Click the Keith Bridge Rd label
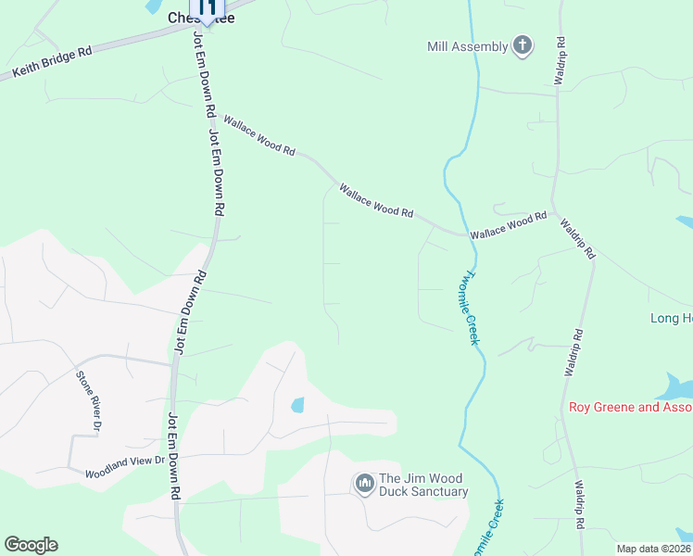click(x=52, y=62)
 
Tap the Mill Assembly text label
click(x=468, y=46)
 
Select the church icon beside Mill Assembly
click(x=523, y=45)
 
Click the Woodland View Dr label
click(x=124, y=466)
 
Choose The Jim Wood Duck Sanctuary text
click(x=423, y=486)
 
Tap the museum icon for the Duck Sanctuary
click(x=364, y=484)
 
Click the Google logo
click(x=31, y=545)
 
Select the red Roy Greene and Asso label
click(x=630, y=407)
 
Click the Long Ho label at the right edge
click(x=671, y=319)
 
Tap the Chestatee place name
click(x=200, y=18)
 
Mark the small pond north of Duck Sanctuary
click(x=297, y=405)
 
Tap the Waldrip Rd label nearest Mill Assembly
click(x=560, y=62)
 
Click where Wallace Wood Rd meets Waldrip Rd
click(x=553, y=210)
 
